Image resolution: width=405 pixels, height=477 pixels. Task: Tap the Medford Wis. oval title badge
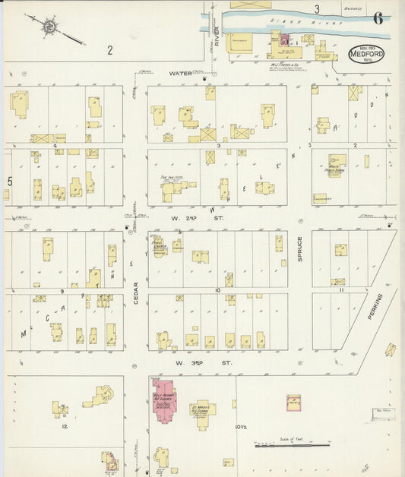tap(366, 55)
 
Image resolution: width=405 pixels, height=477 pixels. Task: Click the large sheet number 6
tap(377, 19)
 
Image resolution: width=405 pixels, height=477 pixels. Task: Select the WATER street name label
tap(180, 74)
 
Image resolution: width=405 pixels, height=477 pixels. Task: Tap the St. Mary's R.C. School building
tap(203, 412)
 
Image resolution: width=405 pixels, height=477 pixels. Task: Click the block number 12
tap(66, 428)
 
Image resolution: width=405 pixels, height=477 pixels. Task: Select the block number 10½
tap(243, 429)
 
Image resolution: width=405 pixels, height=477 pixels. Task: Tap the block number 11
tap(342, 290)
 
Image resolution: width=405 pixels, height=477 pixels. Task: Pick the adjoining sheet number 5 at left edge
tap(9, 181)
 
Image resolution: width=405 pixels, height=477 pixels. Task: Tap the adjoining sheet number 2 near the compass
tap(109, 50)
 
